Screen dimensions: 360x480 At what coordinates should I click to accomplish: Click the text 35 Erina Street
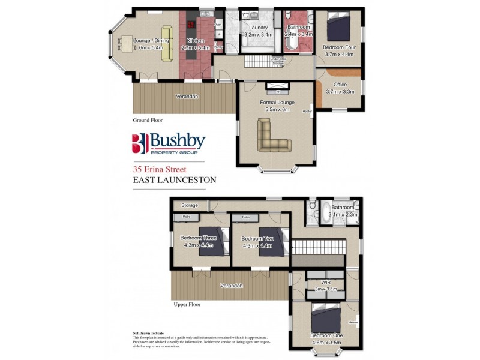coord(157,169)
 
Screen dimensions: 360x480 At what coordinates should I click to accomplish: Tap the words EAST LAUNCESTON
coord(174,179)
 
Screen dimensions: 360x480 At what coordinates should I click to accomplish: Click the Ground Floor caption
coord(148,120)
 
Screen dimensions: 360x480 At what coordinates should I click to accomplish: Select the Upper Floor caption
coord(186,305)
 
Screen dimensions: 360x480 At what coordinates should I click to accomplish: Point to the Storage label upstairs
coord(190,205)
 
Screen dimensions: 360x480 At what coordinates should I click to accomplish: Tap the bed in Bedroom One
coord(326,316)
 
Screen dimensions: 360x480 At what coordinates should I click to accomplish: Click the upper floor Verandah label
coord(231,286)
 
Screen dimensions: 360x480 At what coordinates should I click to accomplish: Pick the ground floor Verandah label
coord(187,96)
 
